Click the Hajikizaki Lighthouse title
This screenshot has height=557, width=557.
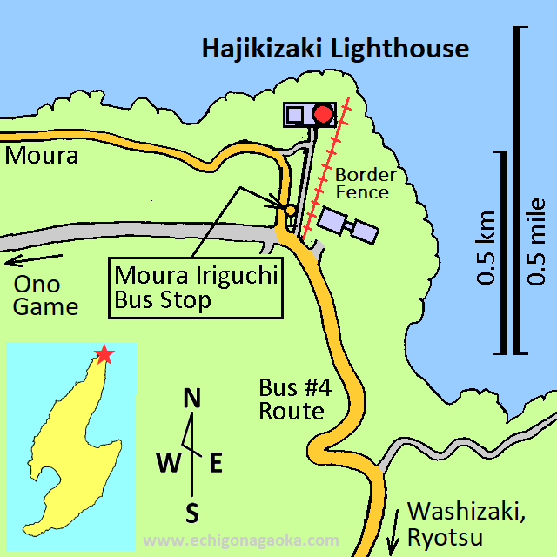point(335,49)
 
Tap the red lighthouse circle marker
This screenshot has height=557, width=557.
point(323,114)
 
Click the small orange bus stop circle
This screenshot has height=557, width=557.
point(291,211)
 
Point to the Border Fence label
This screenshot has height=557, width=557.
point(366,185)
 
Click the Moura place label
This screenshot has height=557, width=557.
point(41,157)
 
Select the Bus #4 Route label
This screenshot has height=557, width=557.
point(292,399)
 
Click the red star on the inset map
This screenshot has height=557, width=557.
point(104,354)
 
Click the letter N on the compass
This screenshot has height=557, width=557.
point(192,399)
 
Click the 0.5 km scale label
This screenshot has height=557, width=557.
point(487,248)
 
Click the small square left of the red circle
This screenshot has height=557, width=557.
point(295,114)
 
